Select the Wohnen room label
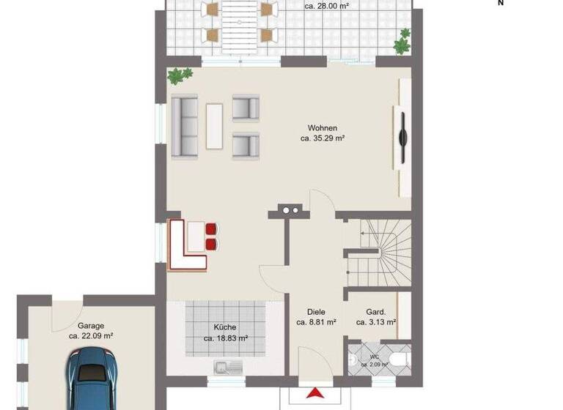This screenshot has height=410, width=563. pos(323,127)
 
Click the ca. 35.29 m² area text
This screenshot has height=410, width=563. pos(323,138)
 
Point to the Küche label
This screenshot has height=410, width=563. pos(225,328)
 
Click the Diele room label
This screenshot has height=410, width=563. pos(317,312)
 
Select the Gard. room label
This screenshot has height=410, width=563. pos(376,312)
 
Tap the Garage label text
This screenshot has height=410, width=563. pos(91,326)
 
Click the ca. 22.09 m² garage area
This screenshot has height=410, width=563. pos(91,336)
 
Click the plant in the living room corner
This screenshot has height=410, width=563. pos(180,75)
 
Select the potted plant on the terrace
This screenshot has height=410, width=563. pos(402,42)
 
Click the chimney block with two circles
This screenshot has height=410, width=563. pos(290,211)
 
